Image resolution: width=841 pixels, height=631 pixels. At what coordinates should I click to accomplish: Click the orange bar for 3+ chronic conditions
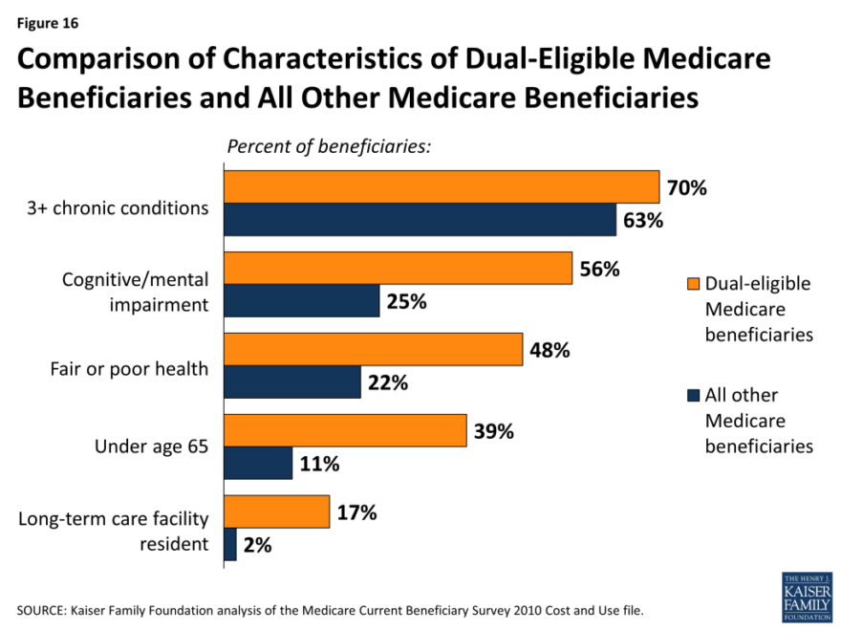[441, 187]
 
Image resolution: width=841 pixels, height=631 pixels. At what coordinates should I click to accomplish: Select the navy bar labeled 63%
[420, 221]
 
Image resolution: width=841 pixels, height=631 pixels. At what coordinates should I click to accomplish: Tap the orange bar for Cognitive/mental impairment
[398, 269]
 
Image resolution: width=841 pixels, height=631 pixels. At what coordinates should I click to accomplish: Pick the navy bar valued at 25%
[301, 302]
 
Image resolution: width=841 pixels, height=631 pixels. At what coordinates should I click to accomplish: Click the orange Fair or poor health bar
[373, 350]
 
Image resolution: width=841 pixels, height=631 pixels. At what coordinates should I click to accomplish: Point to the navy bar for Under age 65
[258, 464]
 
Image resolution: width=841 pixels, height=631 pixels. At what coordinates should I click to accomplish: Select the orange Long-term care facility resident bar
[276, 512]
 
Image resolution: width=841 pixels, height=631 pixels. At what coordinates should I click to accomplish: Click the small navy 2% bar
[230, 545]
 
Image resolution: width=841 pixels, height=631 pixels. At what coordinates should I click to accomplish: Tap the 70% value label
[686, 188]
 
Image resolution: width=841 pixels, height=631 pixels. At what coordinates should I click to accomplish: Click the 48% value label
[550, 351]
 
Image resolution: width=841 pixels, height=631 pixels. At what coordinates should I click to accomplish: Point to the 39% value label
[493, 431]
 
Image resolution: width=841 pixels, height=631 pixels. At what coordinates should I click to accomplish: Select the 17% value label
[356, 513]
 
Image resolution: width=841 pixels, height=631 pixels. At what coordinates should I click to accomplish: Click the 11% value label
[319, 465]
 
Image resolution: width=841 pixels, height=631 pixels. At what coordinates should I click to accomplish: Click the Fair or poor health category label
[129, 367]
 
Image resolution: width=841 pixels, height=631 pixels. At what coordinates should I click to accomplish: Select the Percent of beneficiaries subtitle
[329, 147]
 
